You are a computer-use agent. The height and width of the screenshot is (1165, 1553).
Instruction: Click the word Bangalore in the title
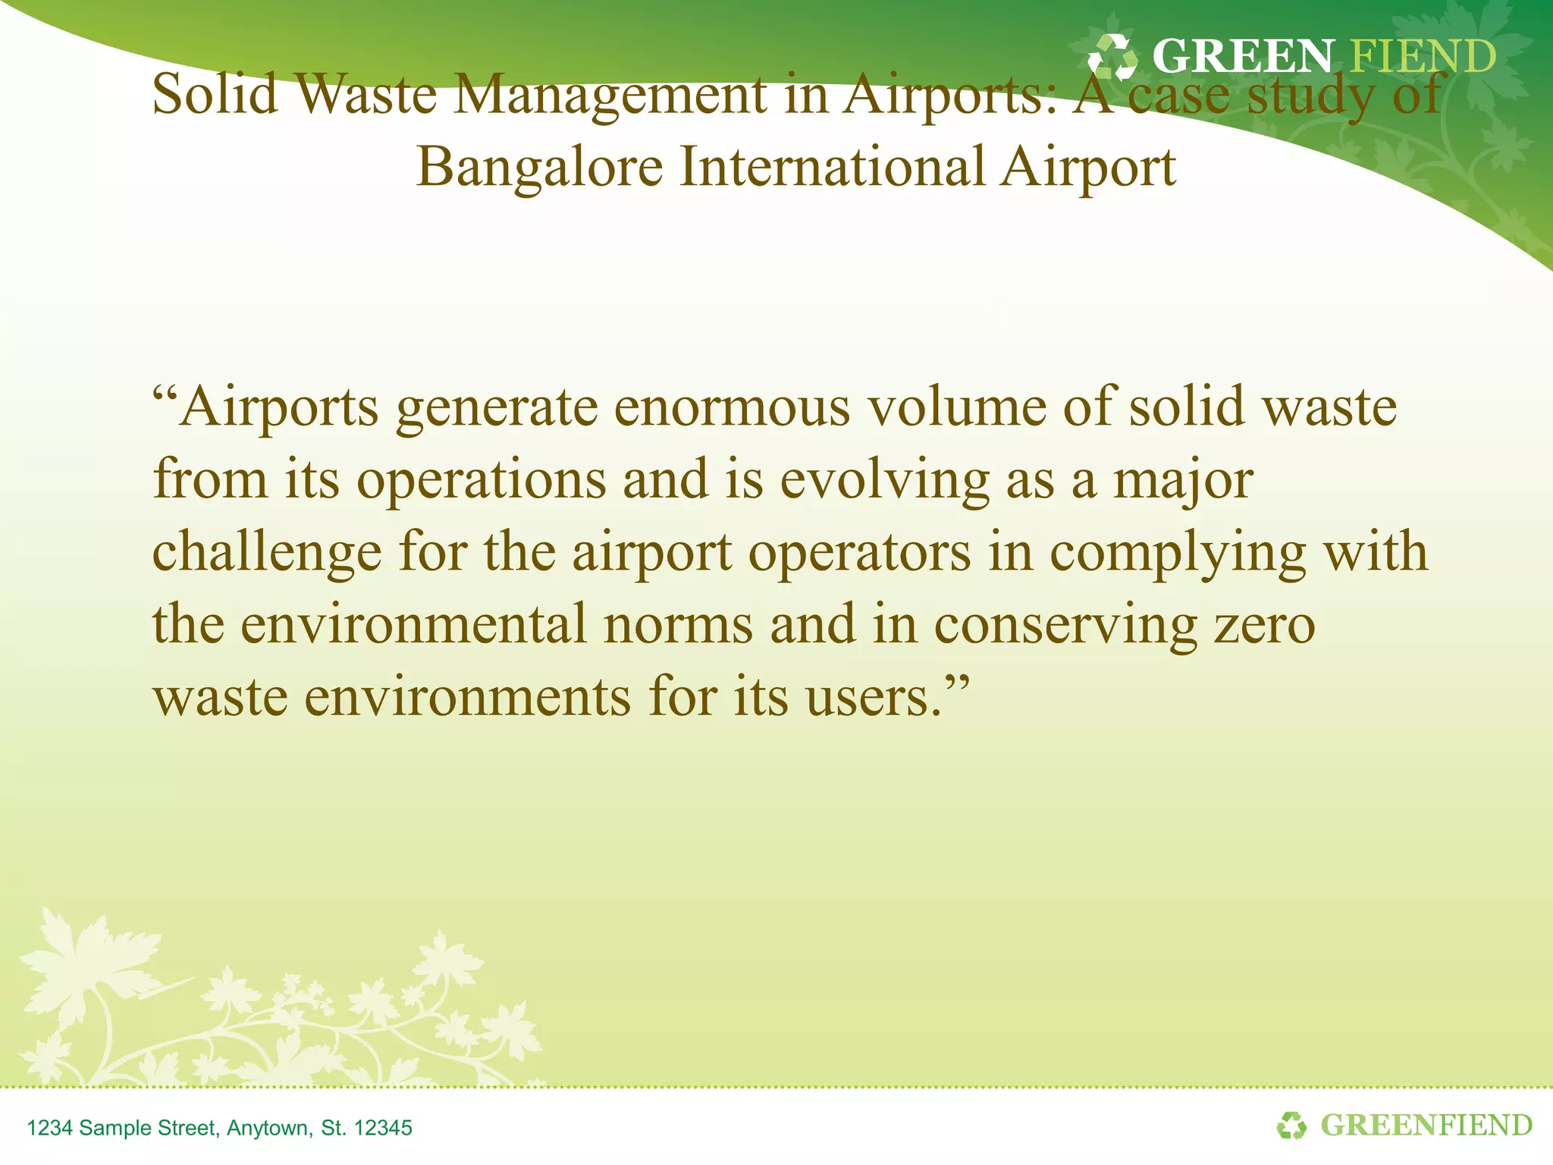539,168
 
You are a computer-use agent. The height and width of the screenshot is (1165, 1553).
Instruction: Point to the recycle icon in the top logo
1112,57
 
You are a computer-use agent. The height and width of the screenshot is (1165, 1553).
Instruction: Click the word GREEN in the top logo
1243,57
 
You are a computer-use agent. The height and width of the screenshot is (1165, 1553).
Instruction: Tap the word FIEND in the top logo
1423,57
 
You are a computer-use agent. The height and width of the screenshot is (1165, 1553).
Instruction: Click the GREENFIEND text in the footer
1426,1126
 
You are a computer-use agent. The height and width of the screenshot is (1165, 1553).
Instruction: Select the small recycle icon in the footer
1292,1126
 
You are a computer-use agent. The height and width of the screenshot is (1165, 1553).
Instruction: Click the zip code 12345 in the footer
383,1128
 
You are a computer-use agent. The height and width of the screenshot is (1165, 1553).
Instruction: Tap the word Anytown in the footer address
269,1128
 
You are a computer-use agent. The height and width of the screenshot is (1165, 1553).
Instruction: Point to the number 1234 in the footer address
49,1128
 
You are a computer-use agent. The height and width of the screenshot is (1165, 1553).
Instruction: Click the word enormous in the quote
732,408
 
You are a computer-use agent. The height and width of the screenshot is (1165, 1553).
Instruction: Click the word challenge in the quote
267,553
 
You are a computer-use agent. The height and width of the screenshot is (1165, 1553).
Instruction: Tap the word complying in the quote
1178,553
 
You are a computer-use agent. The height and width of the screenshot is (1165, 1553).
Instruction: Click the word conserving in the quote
1065,625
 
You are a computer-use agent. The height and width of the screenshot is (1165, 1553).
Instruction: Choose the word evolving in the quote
885,481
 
